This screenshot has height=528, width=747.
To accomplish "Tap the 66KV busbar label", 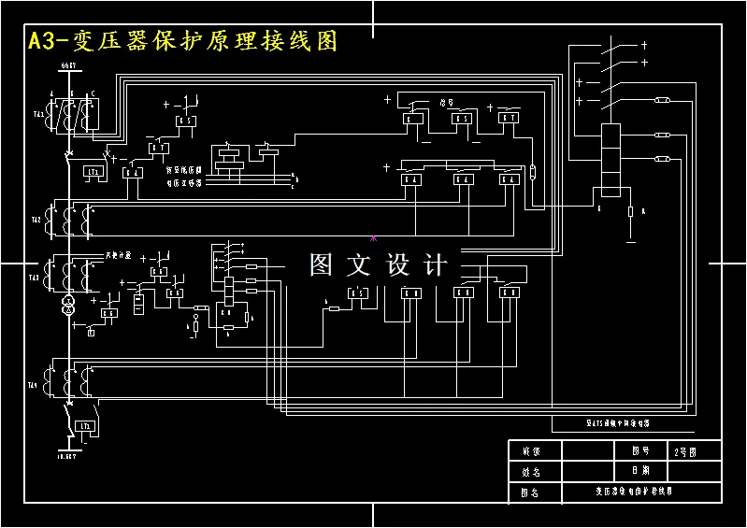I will click(x=67, y=65).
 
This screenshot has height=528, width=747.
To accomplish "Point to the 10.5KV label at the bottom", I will click(x=65, y=459).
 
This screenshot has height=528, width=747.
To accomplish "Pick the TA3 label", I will click(x=35, y=277).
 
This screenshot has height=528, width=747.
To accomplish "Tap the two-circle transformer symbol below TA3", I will click(x=67, y=306).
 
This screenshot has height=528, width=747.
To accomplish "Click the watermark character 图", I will click(x=321, y=265).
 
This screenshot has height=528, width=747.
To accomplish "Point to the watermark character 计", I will click(x=436, y=265).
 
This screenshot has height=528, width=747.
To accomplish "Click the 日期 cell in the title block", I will click(x=640, y=470).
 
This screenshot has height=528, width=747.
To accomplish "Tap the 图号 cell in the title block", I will click(x=640, y=450).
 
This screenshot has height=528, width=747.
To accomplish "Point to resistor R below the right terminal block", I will click(x=631, y=212).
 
